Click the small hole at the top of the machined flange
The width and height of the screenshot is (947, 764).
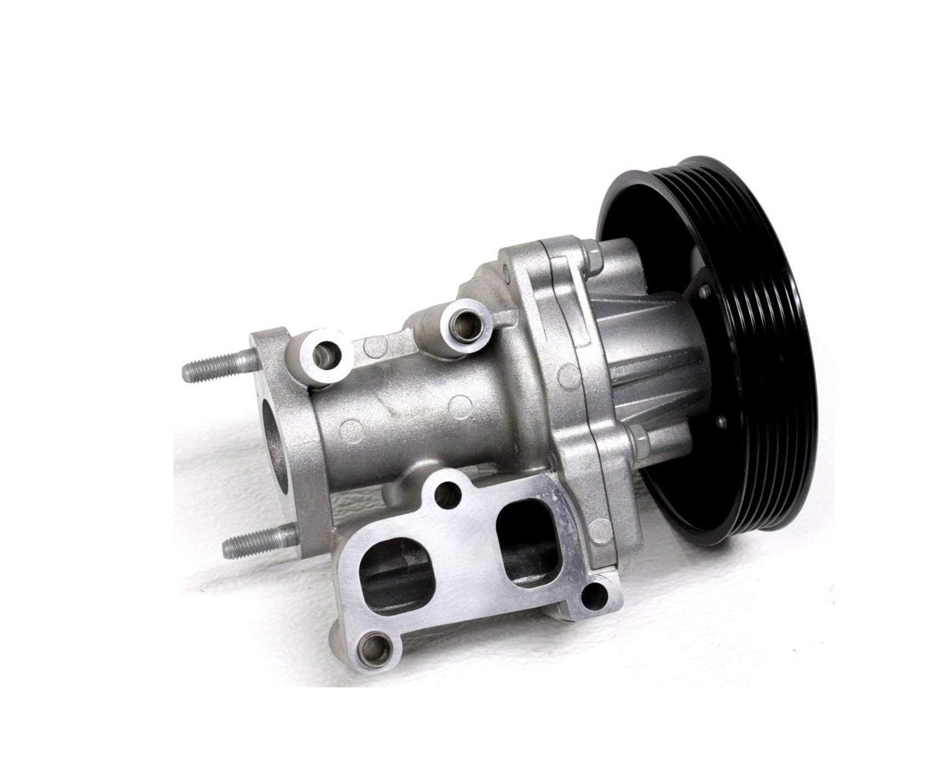(x=447, y=495)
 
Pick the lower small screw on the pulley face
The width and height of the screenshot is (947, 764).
(x=721, y=423)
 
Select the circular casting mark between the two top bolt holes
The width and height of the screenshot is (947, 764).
(x=378, y=346)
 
